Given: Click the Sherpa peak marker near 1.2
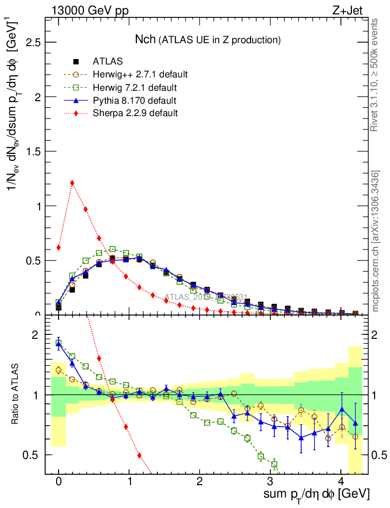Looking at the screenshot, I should pos(72,183).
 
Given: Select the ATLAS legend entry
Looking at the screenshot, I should pos(108,62).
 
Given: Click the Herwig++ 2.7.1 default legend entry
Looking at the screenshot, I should pos(140,74).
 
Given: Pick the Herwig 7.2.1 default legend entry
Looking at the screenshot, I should pos(135,87).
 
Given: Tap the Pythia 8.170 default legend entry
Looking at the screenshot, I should pos(134,100).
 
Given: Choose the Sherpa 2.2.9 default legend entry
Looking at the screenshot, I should pos(135,113).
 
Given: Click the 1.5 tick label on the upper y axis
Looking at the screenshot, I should pos(32,151).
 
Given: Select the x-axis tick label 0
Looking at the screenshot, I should pos(59,481).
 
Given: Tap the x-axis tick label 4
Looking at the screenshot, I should pos(341,481).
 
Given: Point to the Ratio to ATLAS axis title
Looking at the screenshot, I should pos(16,395).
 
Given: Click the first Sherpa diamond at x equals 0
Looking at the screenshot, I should pos(59,247).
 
